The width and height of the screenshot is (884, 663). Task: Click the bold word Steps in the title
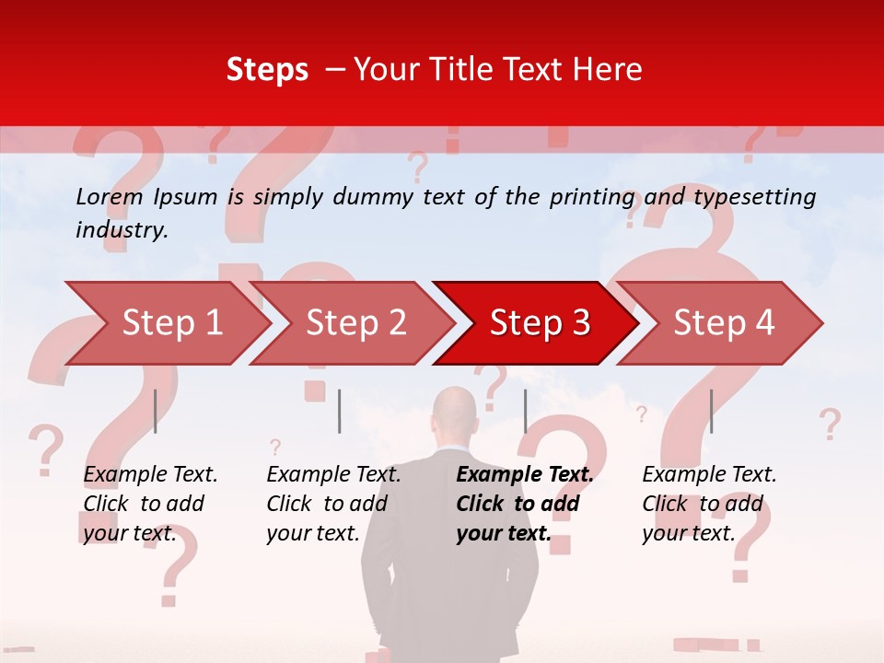pyautogui.click(x=267, y=70)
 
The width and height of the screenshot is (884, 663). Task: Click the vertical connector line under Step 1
pyautogui.click(x=156, y=411)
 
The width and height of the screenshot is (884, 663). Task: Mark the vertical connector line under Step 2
pyautogui.click(x=340, y=411)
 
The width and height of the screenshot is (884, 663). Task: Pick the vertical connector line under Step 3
pyautogui.click(x=525, y=411)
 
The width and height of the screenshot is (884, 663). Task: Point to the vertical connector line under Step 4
pyautogui.click(x=711, y=411)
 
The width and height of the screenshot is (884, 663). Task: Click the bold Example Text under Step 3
pyautogui.click(x=525, y=474)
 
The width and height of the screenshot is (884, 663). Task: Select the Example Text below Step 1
pyautogui.click(x=150, y=474)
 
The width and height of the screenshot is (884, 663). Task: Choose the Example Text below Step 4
pyautogui.click(x=709, y=474)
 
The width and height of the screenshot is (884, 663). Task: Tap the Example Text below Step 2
pyautogui.click(x=333, y=474)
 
